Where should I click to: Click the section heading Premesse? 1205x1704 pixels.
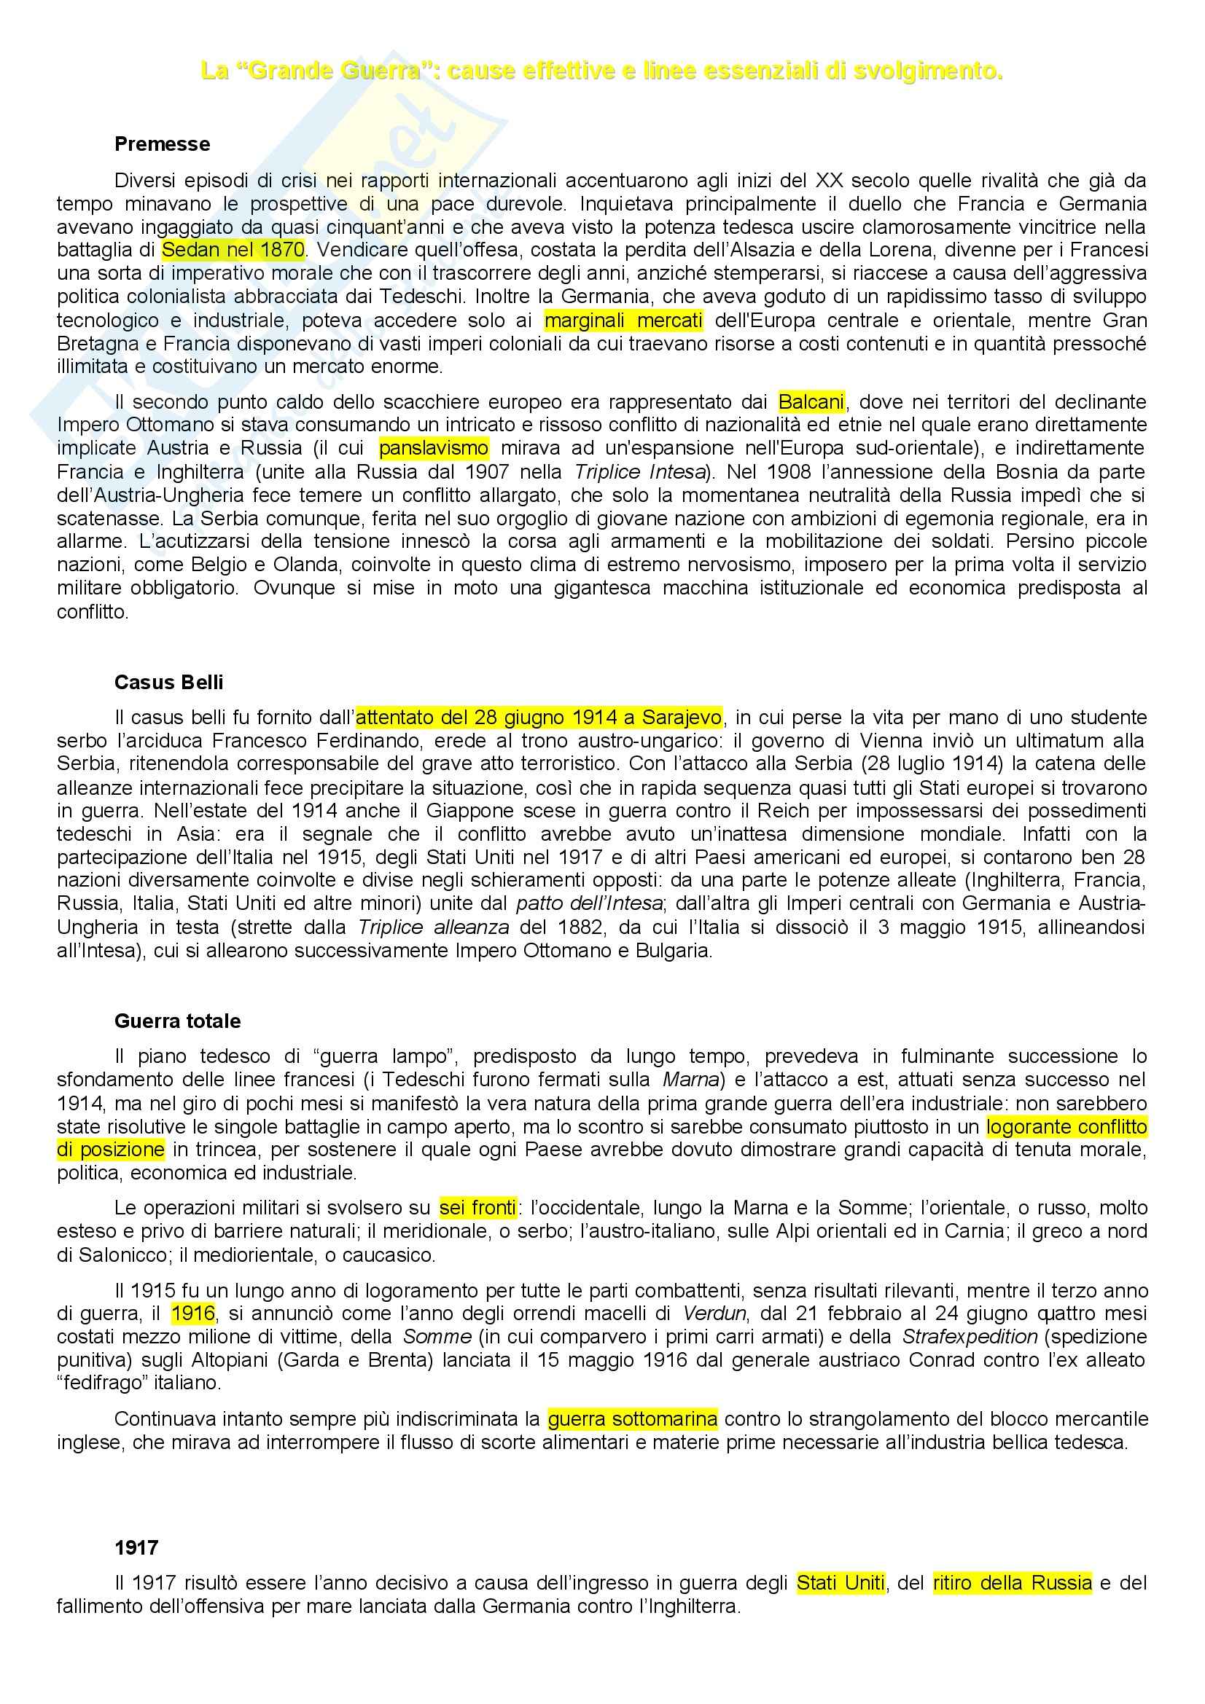click(162, 144)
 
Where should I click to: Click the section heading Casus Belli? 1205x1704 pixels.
click(168, 682)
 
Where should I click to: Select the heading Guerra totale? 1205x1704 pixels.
click(177, 1021)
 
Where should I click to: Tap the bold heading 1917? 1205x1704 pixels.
click(136, 1547)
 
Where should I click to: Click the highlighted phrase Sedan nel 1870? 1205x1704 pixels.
click(233, 249)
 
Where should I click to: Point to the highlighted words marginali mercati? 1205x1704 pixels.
click(623, 321)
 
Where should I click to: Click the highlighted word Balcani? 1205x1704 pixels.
click(811, 402)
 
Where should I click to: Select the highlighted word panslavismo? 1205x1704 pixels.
click(434, 448)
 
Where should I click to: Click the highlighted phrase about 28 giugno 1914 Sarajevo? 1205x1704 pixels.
click(539, 718)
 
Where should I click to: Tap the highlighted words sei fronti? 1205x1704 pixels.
click(477, 1208)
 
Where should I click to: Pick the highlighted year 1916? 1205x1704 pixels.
click(193, 1313)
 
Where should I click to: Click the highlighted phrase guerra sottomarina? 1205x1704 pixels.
click(633, 1420)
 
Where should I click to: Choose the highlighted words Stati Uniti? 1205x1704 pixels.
click(841, 1583)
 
